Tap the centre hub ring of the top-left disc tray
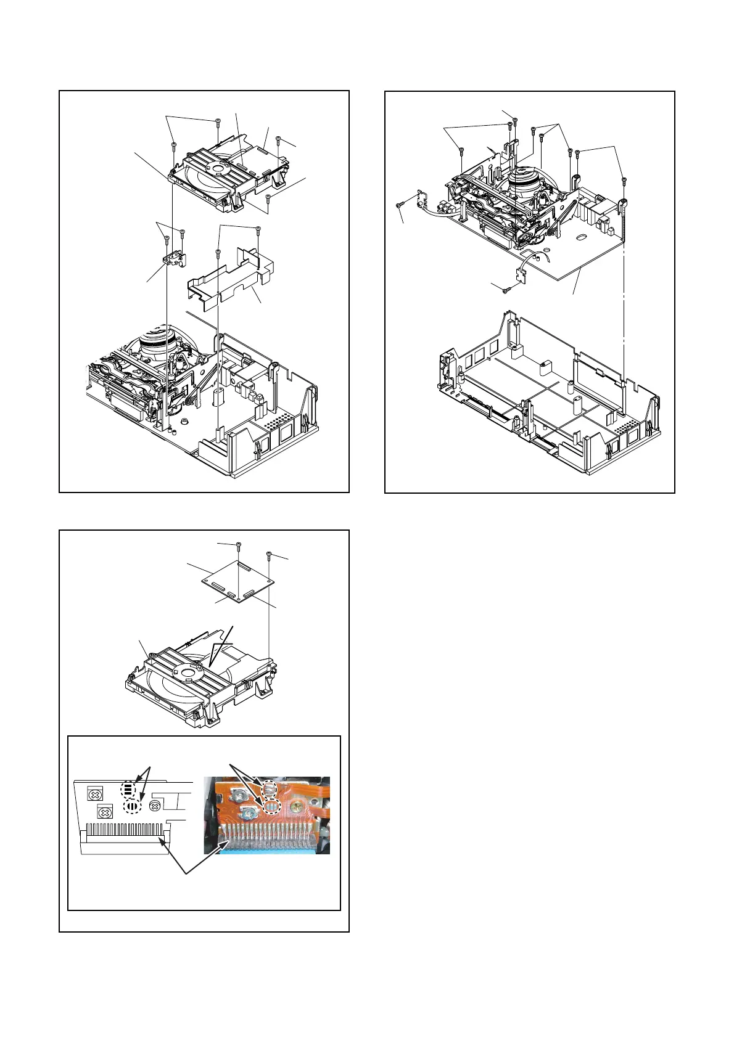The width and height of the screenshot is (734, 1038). pos(216,166)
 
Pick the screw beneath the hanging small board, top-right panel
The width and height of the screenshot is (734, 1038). pos(505,289)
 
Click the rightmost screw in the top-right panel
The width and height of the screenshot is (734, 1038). pos(624,181)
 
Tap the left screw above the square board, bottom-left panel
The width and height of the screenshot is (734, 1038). pos(238,545)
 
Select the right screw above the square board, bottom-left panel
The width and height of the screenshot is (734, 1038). pos(270,554)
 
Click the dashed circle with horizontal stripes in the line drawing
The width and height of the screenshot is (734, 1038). pos(128,789)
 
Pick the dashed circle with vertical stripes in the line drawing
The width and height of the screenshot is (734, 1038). pos(132,807)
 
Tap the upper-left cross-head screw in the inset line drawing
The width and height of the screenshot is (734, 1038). pos(94,795)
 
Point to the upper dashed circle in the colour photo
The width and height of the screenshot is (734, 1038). pos(270,788)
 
